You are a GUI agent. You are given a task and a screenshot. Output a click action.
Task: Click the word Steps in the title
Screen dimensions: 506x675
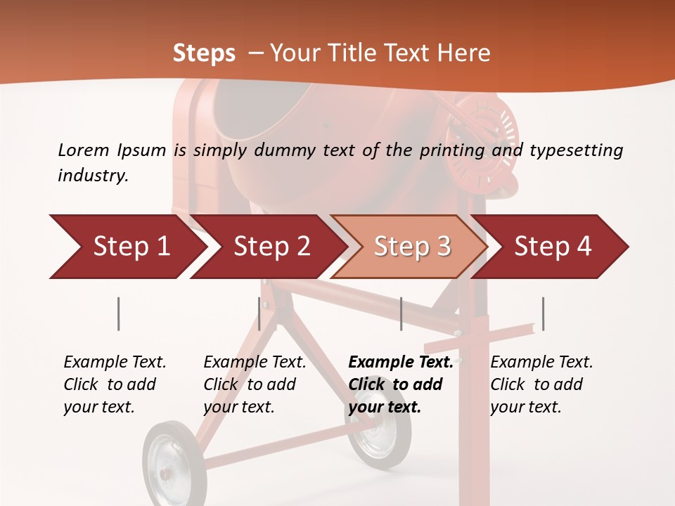[204, 53]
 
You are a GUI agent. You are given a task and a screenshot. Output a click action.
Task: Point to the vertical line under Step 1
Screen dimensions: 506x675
[119, 313]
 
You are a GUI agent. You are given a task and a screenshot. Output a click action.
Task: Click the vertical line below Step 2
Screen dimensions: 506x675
[259, 313]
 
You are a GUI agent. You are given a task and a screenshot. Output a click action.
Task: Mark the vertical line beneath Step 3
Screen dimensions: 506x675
[401, 313]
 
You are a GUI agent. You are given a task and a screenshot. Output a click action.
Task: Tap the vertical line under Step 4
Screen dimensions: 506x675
[543, 313]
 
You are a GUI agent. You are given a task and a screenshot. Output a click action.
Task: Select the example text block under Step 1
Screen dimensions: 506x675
[115, 384]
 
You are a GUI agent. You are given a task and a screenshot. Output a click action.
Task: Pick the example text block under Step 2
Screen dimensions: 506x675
[255, 384]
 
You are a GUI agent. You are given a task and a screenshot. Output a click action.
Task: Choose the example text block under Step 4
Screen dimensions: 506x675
[541, 384]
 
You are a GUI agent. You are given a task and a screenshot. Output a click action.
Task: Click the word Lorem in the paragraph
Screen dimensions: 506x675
[83, 150]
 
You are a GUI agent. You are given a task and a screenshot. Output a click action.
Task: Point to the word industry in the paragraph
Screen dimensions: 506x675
[92, 175]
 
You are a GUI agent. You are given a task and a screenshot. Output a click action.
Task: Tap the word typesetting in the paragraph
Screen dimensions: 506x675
[576, 150]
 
